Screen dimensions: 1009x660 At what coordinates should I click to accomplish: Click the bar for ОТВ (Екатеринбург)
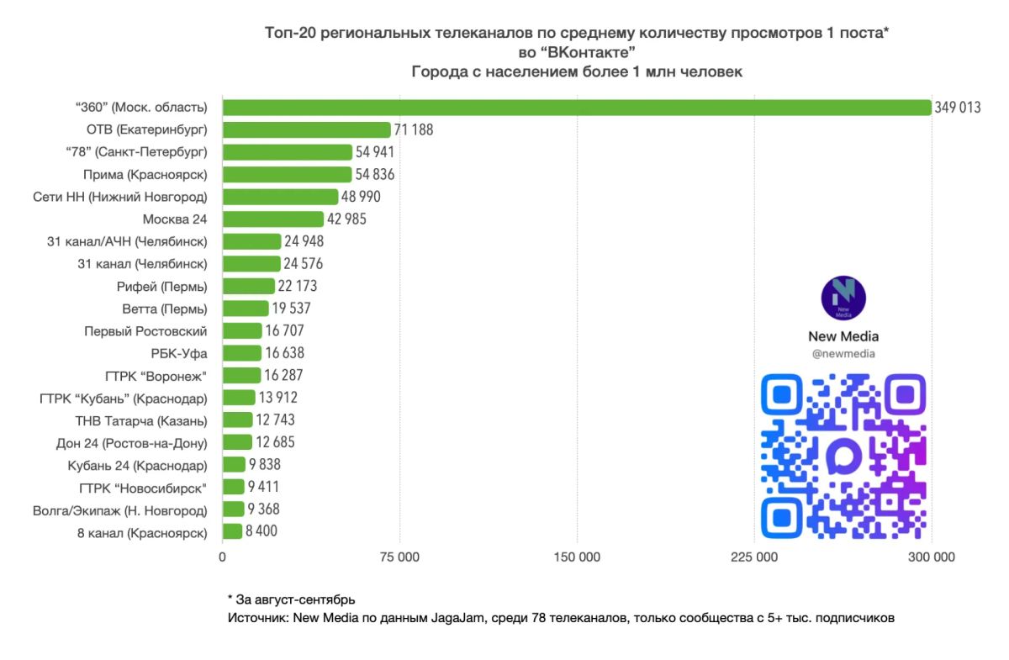(306, 129)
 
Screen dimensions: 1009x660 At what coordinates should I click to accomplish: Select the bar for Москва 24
(273, 219)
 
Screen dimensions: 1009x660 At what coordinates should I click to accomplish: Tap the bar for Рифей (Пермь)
(249, 286)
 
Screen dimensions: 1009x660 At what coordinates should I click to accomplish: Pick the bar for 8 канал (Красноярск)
(232, 531)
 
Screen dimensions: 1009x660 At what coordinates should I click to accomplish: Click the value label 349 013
(957, 108)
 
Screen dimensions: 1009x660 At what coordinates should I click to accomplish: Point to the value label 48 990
(361, 197)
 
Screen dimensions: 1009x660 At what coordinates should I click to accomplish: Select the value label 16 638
(285, 353)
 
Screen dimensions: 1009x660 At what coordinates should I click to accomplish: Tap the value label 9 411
(263, 487)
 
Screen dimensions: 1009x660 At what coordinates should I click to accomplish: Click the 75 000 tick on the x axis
(399, 557)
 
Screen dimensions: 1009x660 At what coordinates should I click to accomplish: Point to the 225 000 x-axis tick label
(754, 557)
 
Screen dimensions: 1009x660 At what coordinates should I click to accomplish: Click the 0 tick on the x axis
(222, 557)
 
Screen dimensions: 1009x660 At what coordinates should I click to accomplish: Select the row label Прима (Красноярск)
(145, 175)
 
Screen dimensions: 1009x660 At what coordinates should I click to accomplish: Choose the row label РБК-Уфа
(179, 354)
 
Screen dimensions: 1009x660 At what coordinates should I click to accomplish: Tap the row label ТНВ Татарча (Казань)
(141, 421)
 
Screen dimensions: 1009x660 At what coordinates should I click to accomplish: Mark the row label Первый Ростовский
(145, 331)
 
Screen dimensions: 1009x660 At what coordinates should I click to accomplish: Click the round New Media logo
(843, 298)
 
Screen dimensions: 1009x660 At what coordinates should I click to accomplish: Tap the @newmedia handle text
(843, 354)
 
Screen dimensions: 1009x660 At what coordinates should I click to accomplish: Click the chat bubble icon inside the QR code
(843, 456)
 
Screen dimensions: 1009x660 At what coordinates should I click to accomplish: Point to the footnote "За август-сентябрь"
(295, 599)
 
